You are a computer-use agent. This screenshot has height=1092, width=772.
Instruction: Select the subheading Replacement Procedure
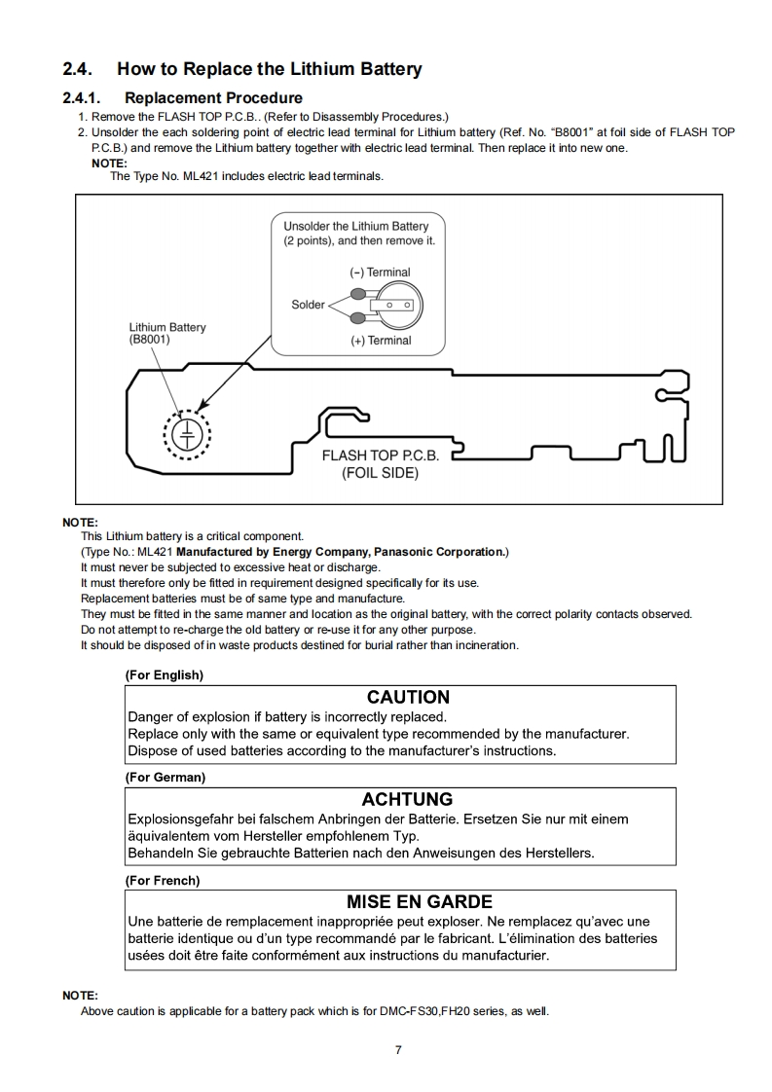point(213,97)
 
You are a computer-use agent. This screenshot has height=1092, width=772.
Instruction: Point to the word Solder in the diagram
point(308,305)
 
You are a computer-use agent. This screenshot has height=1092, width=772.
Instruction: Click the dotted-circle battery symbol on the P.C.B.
point(186,432)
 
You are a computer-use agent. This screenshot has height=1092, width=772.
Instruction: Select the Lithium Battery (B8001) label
point(167,334)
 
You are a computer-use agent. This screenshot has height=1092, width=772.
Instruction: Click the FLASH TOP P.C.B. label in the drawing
point(381,455)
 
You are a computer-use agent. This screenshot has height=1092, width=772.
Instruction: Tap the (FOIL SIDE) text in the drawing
point(380,473)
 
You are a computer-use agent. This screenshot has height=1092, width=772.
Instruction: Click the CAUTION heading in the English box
point(408,698)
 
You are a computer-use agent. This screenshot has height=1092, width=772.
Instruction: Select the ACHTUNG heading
point(407,800)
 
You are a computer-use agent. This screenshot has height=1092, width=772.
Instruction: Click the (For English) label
point(165,674)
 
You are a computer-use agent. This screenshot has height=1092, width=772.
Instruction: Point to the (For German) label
point(165,777)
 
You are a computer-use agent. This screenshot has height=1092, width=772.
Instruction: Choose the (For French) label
point(163,880)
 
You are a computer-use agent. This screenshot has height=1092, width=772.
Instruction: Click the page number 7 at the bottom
point(398,1049)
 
